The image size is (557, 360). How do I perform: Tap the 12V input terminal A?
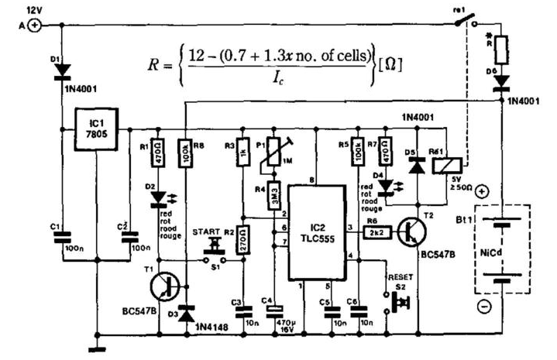[34, 26]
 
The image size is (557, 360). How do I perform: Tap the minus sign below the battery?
[483, 307]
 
